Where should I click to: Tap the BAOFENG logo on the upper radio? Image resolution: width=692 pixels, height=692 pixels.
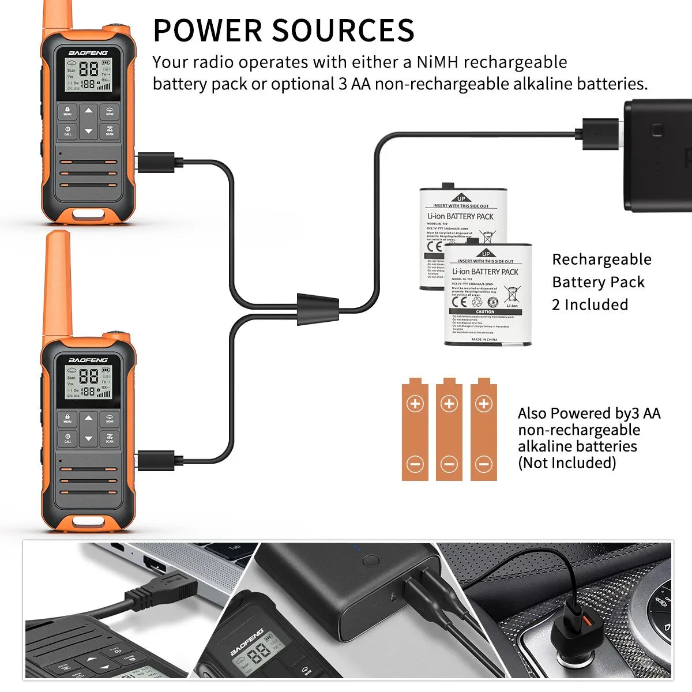click(x=88, y=52)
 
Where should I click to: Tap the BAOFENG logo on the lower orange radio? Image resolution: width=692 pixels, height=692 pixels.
click(x=88, y=360)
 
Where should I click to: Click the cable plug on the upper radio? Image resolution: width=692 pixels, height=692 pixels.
click(x=156, y=162)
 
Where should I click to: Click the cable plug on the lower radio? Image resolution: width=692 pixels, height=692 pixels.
click(x=156, y=461)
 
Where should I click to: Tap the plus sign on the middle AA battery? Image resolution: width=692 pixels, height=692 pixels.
click(x=449, y=403)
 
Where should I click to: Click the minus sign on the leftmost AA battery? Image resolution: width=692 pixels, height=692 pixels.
click(x=415, y=464)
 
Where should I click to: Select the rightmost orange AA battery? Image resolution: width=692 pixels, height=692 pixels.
click(x=484, y=430)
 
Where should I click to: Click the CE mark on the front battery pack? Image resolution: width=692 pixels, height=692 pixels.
click(x=460, y=302)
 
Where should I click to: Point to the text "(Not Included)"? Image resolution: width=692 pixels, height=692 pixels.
click(x=566, y=462)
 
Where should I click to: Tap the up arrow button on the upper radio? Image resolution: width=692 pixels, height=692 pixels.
click(x=88, y=111)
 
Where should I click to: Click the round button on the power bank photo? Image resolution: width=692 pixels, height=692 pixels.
click(x=371, y=561)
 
